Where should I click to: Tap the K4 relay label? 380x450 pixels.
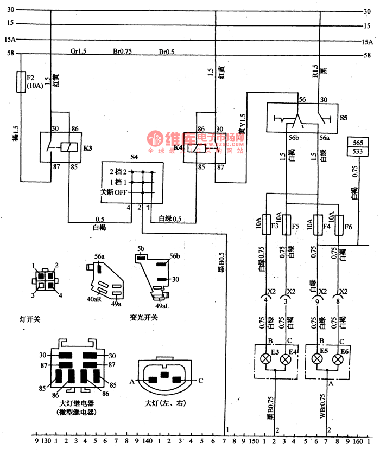(178, 147)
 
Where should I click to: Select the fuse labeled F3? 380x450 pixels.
(265, 225)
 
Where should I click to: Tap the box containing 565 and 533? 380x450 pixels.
(358, 146)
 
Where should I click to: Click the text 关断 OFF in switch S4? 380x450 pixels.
(113, 192)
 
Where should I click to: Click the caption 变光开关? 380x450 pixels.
(143, 318)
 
